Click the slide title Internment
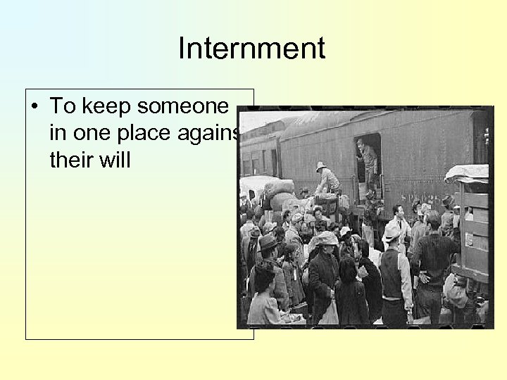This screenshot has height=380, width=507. (251, 49)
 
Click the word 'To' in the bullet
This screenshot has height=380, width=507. (62, 106)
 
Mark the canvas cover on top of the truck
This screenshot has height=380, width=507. (466, 173)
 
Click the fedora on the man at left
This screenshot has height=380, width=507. (268, 243)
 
